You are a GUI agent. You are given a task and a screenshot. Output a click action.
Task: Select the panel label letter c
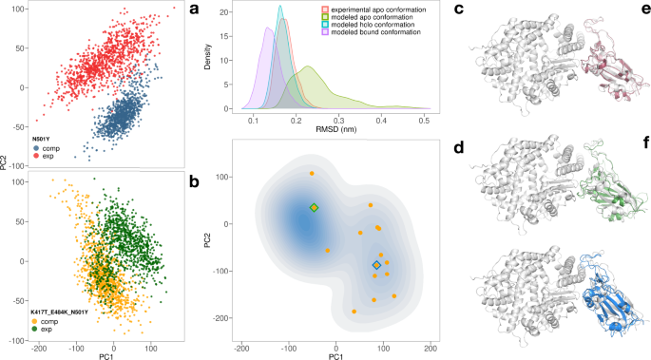point(459,11)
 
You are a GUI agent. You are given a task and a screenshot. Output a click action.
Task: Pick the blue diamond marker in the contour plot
point(376,265)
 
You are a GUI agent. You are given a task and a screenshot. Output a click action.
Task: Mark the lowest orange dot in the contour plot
point(354,312)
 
